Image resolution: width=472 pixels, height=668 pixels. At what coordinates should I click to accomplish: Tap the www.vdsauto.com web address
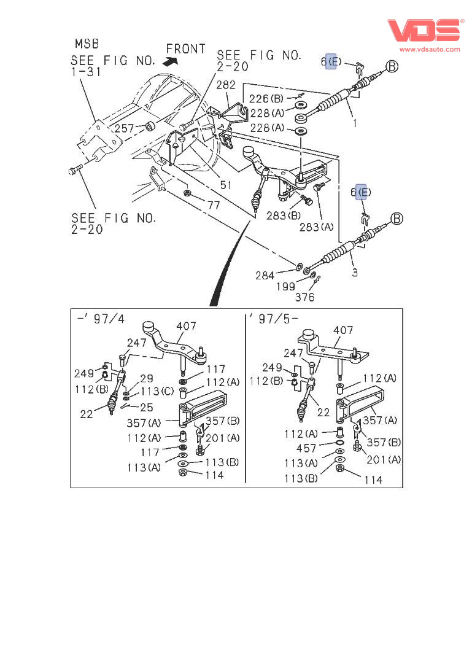pyautogui.click(x=430, y=49)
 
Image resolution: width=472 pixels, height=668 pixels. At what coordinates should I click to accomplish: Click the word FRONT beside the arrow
pyautogui.click(x=185, y=49)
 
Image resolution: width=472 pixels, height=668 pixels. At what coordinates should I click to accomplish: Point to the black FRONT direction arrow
pyautogui.click(x=170, y=61)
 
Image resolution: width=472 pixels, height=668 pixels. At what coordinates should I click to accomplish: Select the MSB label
pyautogui.click(x=87, y=44)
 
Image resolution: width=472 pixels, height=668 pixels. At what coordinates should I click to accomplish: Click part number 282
pyautogui.click(x=225, y=85)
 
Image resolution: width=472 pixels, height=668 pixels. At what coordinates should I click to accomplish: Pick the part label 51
pyautogui.click(x=227, y=184)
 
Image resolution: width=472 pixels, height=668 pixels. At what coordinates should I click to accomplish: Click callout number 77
pyautogui.click(x=212, y=205)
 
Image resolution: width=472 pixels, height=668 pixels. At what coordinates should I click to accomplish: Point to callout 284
pyautogui.click(x=265, y=276)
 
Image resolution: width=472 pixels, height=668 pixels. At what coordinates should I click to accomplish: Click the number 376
pyautogui.click(x=304, y=298)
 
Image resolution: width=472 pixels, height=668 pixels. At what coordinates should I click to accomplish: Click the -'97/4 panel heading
pyautogui.click(x=101, y=320)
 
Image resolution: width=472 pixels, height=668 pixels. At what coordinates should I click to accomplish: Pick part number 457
pyautogui.click(x=306, y=449)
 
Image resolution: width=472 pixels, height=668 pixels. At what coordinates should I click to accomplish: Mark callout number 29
pyautogui.click(x=146, y=379)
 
